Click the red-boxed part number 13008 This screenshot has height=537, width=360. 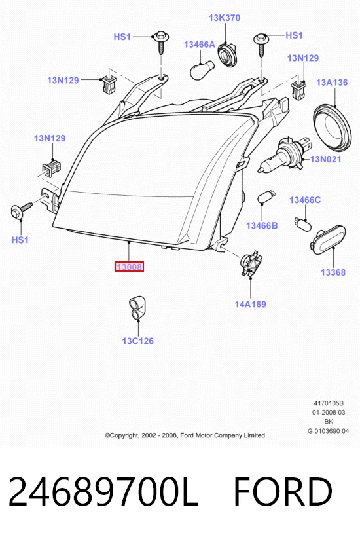(x=129, y=267)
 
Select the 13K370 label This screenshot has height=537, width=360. (x=225, y=18)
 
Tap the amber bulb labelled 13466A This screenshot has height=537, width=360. (x=202, y=69)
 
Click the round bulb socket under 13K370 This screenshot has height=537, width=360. (x=227, y=54)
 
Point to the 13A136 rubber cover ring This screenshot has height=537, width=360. (x=333, y=127)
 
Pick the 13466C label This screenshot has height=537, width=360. (x=305, y=200)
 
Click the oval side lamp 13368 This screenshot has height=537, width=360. (x=327, y=240)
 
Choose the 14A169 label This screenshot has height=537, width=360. (x=250, y=304)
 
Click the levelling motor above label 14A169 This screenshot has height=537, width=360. (x=251, y=265)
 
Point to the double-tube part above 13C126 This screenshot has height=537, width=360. (x=137, y=307)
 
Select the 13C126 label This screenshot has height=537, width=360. (x=137, y=341)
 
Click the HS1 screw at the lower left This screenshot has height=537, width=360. (x=21, y=210)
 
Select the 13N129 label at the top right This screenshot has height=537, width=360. (x=303, y=58)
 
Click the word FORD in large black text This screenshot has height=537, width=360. (x=283, y=492)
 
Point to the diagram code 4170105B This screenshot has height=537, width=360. (x=329, y=403)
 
